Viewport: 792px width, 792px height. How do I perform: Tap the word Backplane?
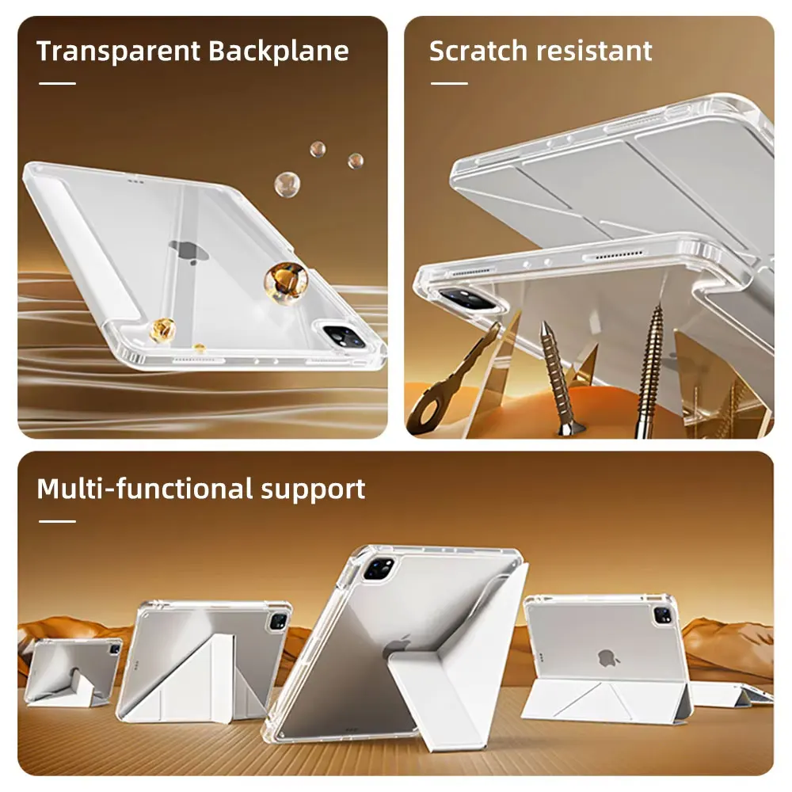point(278,51)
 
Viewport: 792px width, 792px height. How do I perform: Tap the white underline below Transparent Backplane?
point(57,83)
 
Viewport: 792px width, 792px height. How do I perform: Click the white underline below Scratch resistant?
point(448,83)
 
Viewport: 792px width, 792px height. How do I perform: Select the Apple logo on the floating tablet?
point(184,252)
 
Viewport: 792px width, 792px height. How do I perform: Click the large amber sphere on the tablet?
point(286,281)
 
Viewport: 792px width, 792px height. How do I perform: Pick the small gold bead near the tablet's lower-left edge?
point(163,329)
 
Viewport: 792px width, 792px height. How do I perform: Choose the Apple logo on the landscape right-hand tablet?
point(607,657)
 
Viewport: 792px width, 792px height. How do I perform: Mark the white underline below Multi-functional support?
point(57,521)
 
